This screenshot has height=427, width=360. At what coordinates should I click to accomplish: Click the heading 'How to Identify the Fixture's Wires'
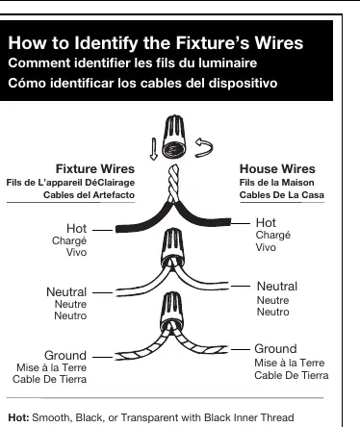(156, 43)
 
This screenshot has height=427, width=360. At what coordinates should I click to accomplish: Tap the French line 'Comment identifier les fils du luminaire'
(133, 63)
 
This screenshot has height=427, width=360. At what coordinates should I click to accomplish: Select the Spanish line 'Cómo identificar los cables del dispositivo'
(142, 83)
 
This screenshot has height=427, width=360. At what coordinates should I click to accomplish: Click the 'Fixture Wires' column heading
(95, 169)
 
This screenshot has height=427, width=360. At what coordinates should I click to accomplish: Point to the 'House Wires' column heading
(277, 169)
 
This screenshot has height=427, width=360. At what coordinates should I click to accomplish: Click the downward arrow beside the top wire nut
(154, 149)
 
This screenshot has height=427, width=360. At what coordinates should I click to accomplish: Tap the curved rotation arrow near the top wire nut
(204, 148)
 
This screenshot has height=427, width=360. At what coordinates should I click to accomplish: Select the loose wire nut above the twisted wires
(174, 137)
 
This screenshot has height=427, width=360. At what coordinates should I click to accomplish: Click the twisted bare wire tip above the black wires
(173, 183)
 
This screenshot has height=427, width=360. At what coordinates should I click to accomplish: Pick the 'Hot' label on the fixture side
(76, 229)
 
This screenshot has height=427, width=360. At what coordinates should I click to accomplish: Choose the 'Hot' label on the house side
(266, 222)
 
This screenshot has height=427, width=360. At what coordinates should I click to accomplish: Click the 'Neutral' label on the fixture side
(66, 292)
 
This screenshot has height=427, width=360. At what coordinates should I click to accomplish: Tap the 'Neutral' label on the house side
(277, 287)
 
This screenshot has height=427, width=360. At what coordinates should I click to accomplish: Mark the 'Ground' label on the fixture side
(65, 356)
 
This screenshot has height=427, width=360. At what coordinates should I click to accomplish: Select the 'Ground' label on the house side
(275, 349)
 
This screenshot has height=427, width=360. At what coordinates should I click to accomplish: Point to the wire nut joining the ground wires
(172, 311)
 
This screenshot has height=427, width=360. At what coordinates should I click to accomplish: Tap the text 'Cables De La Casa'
(282, 195)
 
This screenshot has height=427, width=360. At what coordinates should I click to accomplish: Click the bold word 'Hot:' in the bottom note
(18, 417)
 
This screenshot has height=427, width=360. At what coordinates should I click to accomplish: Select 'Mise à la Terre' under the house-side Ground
(290, 363)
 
